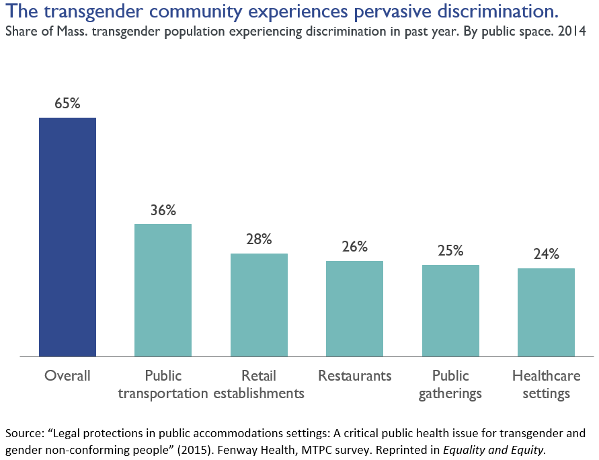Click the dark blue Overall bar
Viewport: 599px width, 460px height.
pyautogui.click(x=67, y=237)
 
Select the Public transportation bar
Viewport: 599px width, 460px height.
pyautogui.click(x=163, y=290)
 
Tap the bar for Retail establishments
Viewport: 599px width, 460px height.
pyautogui.click(x=259, y=305)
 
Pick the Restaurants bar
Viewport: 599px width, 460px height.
pyautogui.click(x=354, y=308)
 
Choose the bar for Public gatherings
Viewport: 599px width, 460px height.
pyautogui.click(x=450, y=310)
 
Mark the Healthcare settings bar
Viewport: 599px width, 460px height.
pyautogui.click(x=546, y=312)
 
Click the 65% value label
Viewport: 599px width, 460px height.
pyautogui.click(x=67, y=104)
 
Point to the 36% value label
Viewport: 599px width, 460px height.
pyautogui.click(x=163, y=210)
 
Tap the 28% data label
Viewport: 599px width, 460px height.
pyautogui.click(x=259, y=239)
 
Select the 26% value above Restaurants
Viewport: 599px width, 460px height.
pyautogui.click(x=354, y=247)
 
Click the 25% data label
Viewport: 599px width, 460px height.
pyautogui.click(x=450, y=251)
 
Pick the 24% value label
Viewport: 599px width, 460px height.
pyautogui.click(x=546, y=254)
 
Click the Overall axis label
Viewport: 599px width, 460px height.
pyautogui.click(x=67, y=375)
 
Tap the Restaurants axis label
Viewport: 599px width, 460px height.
pyautogui.click(x=354, y=375)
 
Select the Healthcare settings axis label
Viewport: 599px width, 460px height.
pyautogui.click(x=546, y=384)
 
